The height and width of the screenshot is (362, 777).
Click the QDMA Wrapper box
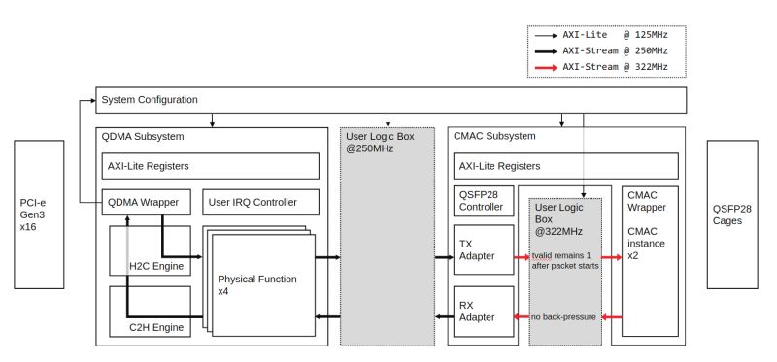pyautogui.click(x=146, y=203)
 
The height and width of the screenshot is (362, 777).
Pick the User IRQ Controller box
pyautogui.click(x=262, y=203)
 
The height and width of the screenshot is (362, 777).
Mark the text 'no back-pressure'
pyautogui.click(x=564, y=316)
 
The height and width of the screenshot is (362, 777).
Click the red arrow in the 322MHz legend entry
pyautogui.click(x=546, y=68)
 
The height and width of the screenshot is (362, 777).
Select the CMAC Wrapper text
pyautogui.click(x=647, y=201)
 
